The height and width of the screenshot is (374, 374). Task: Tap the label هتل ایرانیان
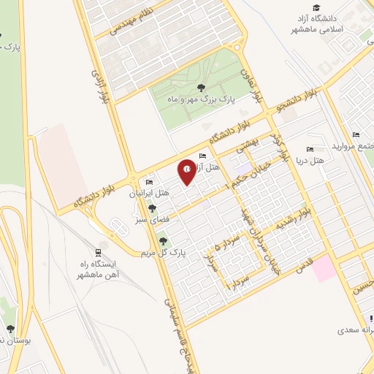tap(149, 194)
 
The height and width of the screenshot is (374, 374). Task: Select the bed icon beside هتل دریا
tap(310, 149)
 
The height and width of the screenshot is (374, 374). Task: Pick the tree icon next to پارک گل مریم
tap(162, 240)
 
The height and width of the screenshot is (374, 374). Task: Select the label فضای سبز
tap(163, 218)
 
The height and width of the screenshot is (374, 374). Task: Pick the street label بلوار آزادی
tap(100, 86)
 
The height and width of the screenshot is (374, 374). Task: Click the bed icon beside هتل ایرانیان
tap(150, 182)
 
